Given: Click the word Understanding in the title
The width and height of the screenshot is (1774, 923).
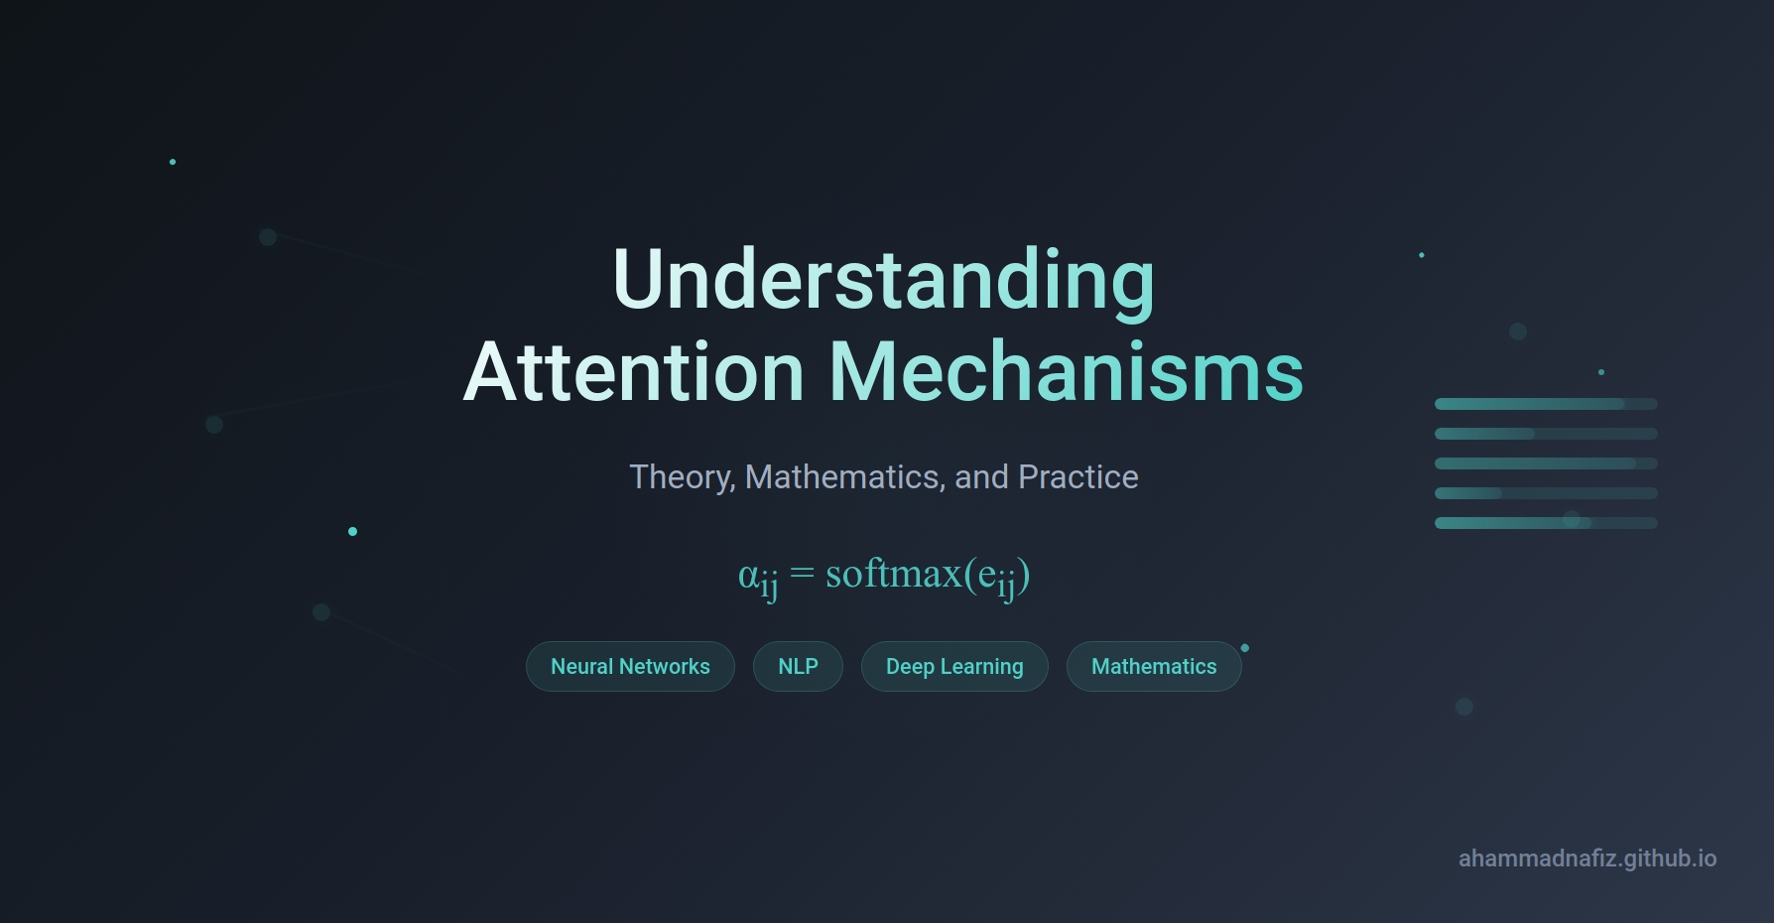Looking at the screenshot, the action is (884, 280).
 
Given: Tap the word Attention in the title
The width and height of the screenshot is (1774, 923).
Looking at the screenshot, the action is (633, 372).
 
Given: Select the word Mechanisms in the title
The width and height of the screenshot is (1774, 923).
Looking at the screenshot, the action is (1067, 372).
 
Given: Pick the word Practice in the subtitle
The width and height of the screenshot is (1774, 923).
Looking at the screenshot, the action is (1078, 477).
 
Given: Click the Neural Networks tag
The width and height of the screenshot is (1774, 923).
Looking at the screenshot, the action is (630, 666).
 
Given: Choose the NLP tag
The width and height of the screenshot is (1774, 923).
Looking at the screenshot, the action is (798, 666).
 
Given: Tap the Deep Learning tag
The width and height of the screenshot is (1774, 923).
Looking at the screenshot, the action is (954, 666).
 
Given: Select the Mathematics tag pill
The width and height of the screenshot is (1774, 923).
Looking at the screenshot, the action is (1154, 666).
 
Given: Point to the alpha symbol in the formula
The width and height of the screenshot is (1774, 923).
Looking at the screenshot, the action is (748, 576).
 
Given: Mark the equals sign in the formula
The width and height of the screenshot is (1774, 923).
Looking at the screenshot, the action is (802, 574).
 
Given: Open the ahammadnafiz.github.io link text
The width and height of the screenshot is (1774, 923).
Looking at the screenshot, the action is (1587, 858).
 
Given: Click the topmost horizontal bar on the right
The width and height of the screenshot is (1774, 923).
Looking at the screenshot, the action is (1546, 404).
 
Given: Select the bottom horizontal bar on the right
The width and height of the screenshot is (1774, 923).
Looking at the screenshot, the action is (1546, 523).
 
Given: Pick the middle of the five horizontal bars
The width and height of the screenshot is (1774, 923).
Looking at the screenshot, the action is (1546, 463).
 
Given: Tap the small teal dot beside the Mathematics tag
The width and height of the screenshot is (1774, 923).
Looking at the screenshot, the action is (1245, 648).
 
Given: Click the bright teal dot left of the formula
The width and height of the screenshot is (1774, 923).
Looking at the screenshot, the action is (352, 532).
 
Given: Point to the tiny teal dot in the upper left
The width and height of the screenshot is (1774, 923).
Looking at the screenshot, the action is (173, 162).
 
